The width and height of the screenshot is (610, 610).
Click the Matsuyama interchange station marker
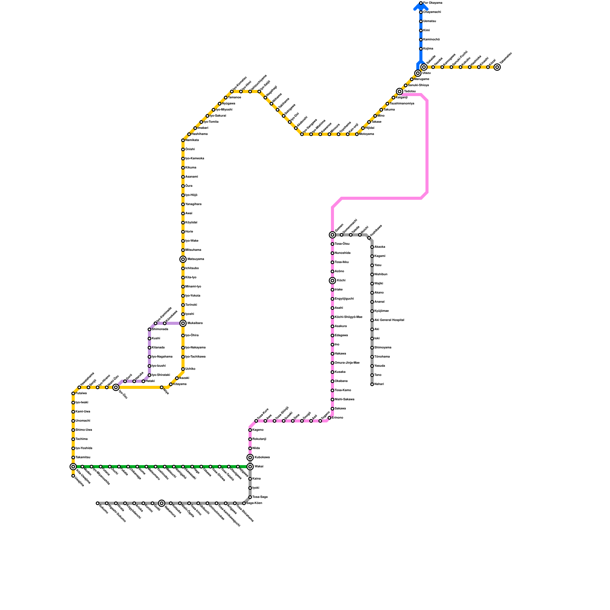[x=183, y=259]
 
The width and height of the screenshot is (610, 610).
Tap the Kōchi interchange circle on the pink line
[x=332, y=281]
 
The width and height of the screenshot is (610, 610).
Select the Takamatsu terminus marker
[x=497, y=67]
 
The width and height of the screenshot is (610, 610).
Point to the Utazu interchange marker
[x=418, y=73]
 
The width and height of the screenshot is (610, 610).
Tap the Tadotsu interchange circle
[x=400, y=91]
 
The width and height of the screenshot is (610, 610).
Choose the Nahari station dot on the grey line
[x=372, y=384]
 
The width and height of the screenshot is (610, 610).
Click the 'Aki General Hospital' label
[x=389, y=320]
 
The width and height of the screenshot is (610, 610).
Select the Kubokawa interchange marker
[x=250, y=457]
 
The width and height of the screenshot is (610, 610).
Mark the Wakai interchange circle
[x=250, y=467]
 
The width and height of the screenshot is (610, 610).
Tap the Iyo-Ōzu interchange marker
[x=116, y=387]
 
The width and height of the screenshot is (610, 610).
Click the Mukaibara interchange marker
[x=183, y=323]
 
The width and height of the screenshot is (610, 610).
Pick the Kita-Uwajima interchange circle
[x=73, y=467]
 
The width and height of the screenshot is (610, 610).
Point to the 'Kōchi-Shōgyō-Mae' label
[x=348, y=317]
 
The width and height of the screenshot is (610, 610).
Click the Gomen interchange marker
[x=332, y=235]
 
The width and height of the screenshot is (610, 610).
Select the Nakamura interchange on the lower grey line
[x=162, y=503]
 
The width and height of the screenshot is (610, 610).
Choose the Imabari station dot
[x=195, y=128]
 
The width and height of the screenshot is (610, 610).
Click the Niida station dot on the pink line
[x=250, y=448]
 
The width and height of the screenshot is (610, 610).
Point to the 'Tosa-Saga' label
[x=260, y=497]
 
